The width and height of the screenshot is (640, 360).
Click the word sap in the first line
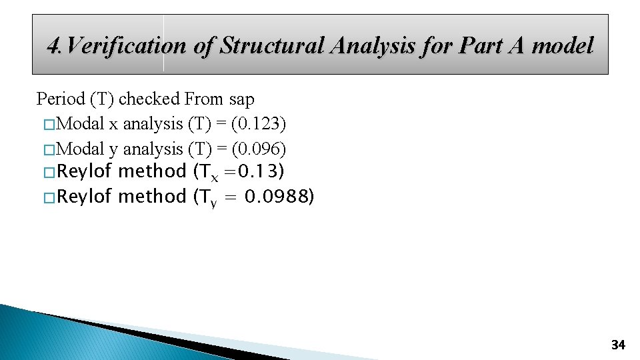coord(241,99)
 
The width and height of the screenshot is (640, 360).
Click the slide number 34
coord(618,345)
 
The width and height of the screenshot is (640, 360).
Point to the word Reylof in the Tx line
coord(85,172)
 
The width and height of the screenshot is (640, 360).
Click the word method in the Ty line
coord(152,197)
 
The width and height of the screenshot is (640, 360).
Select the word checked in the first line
coord(149,99)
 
